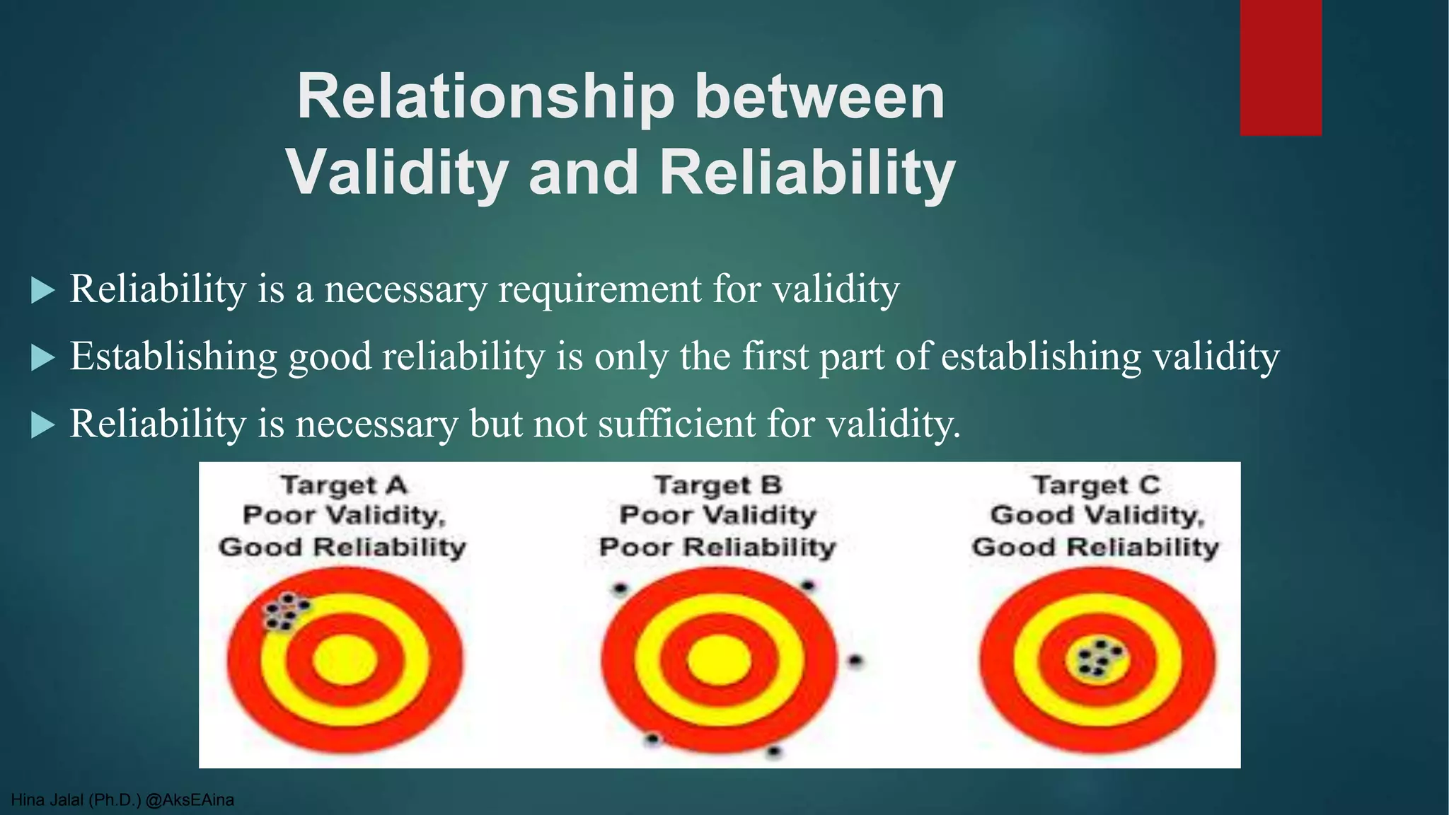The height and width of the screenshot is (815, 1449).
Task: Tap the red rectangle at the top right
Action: pos(1280,67)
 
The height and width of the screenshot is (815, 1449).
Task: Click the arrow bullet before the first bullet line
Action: pos(43,290)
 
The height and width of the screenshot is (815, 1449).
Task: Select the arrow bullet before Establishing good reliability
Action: pos(43,357)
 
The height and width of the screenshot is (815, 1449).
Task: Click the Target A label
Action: pos(344,485)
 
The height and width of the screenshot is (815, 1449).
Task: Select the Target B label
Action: pos(717,485)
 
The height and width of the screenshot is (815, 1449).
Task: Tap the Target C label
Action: pos(1096,485)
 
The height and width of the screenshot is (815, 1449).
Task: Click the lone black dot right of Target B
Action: pos(855,661)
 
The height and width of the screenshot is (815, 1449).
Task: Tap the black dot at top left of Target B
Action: pos(620,588)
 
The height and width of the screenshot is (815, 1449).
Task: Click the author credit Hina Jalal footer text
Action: pos(122,800)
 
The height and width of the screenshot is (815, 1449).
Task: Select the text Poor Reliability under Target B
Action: pos(717,547)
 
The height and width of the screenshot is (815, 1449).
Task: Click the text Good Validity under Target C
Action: pos(1096,515)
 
